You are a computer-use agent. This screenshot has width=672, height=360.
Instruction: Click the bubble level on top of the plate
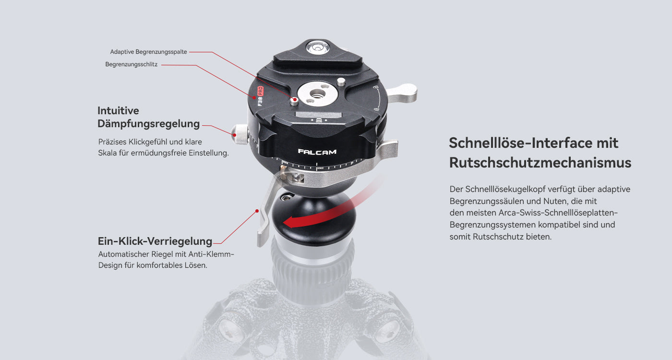318,48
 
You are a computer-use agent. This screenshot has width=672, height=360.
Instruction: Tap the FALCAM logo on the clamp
317,152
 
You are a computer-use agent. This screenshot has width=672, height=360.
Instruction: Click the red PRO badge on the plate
260,91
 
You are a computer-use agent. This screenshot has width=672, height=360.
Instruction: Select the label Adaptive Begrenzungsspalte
148,52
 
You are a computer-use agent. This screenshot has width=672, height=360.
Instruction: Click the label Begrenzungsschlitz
132,64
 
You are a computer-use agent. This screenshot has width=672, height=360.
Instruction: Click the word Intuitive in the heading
118,111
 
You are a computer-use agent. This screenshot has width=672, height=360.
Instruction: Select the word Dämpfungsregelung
148,124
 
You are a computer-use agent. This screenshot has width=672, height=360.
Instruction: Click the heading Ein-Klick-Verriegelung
155,241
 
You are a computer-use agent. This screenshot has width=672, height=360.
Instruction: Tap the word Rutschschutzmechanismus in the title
540,163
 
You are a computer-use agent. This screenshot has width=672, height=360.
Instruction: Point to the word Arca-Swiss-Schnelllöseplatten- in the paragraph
558,213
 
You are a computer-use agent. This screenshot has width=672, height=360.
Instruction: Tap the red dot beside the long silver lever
257,211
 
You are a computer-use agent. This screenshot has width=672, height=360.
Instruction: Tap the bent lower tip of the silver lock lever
261,238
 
